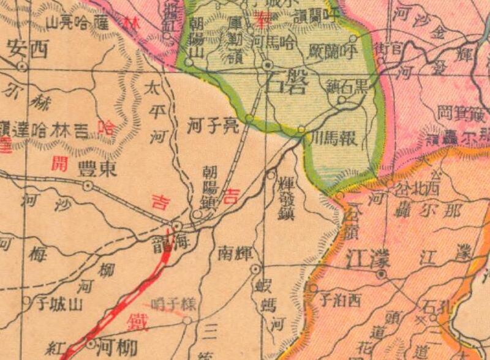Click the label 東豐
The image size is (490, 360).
tap(97, 170)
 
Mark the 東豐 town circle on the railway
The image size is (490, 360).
tap(88, 185)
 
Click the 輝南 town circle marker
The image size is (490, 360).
tap(255, 269)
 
